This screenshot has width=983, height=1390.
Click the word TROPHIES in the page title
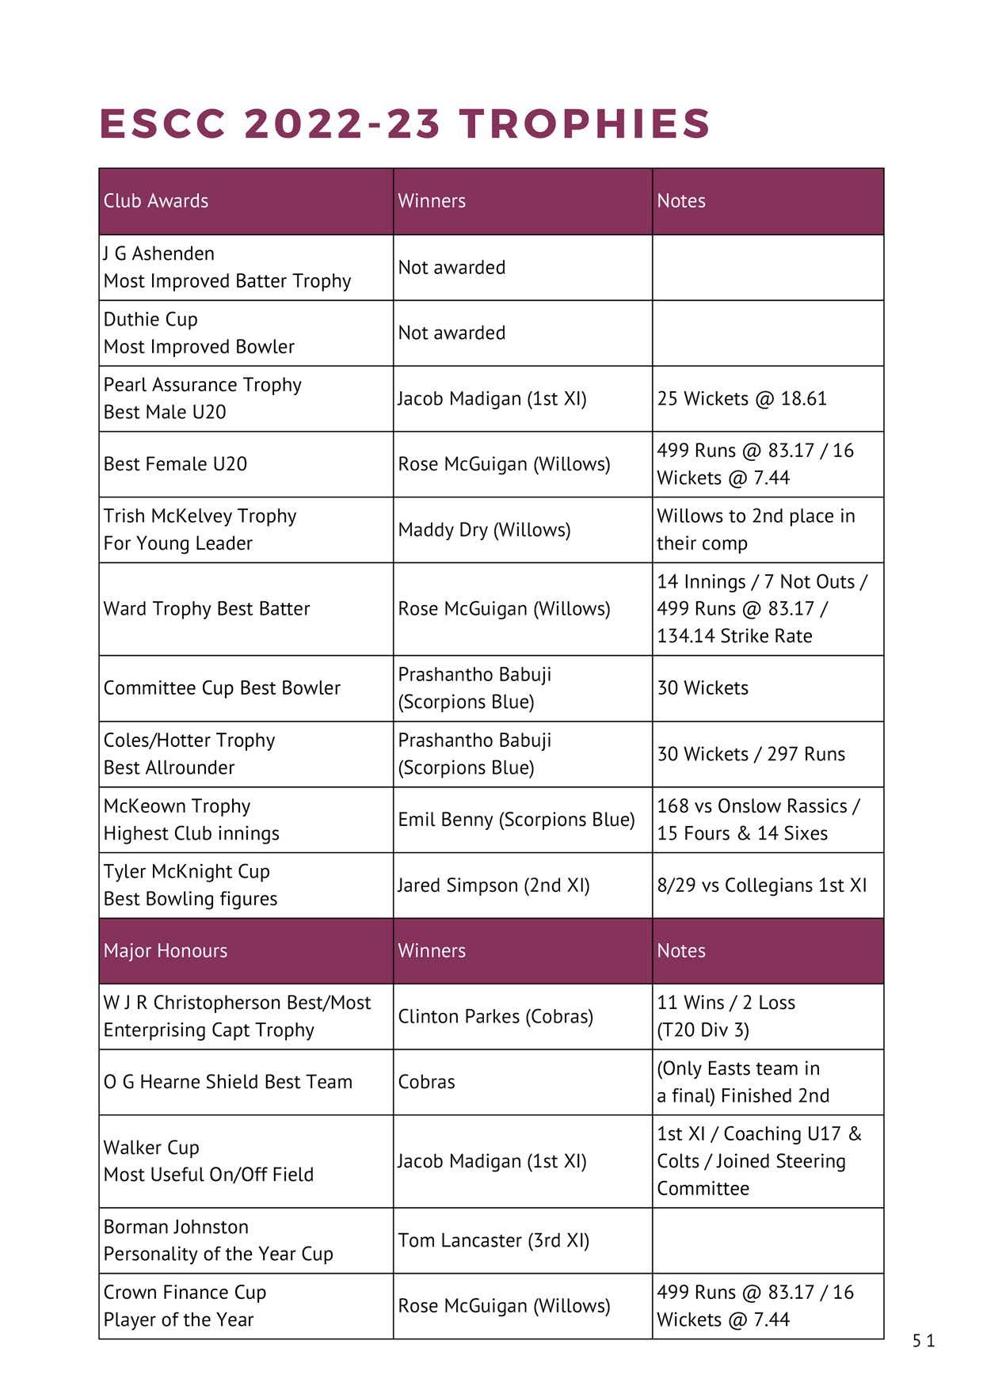tap(585, 124)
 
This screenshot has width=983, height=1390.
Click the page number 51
tap(924, 1341)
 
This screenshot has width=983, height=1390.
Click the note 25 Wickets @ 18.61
tap(741, 398)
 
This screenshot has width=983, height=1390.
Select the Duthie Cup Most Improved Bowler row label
tap(199, 333)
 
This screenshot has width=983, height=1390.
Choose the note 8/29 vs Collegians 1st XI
tap(761, 885)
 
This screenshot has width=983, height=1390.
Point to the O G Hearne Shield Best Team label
tap(228, 1082)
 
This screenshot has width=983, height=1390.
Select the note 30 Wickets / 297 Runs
tap(751, 754)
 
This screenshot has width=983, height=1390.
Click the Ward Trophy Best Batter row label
tap(207, 609)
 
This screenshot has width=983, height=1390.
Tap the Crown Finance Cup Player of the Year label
tap(185, 1306)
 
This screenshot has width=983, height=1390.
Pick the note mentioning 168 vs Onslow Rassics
tap(758, 820)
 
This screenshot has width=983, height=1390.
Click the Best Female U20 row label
tap(175, 464)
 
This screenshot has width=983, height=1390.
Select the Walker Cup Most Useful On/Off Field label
tap(208, 1161)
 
